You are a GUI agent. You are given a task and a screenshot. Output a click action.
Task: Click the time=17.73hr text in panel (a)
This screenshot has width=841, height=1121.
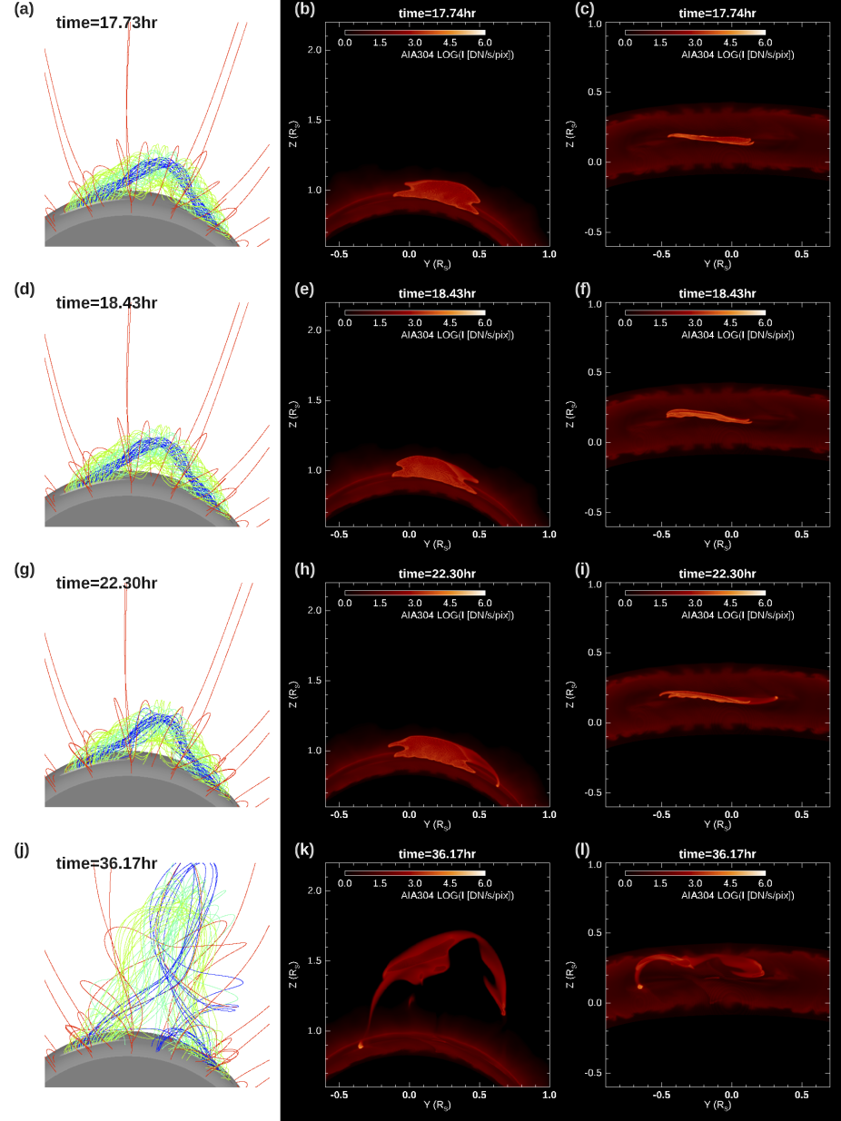(x=106, y=22)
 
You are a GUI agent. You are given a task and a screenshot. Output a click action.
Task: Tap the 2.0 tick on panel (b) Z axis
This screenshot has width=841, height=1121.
(x=314, y=50)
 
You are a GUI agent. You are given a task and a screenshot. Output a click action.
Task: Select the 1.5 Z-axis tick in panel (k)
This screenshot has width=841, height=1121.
(x=314, y=960)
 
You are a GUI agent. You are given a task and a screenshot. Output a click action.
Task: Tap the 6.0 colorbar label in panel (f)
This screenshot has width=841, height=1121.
(x=765, y=322)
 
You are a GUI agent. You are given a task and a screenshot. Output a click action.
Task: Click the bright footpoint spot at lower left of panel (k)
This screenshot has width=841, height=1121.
(x=361, y=1046)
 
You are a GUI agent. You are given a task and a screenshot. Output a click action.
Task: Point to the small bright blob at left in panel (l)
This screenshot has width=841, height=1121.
(x=640, y=987)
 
